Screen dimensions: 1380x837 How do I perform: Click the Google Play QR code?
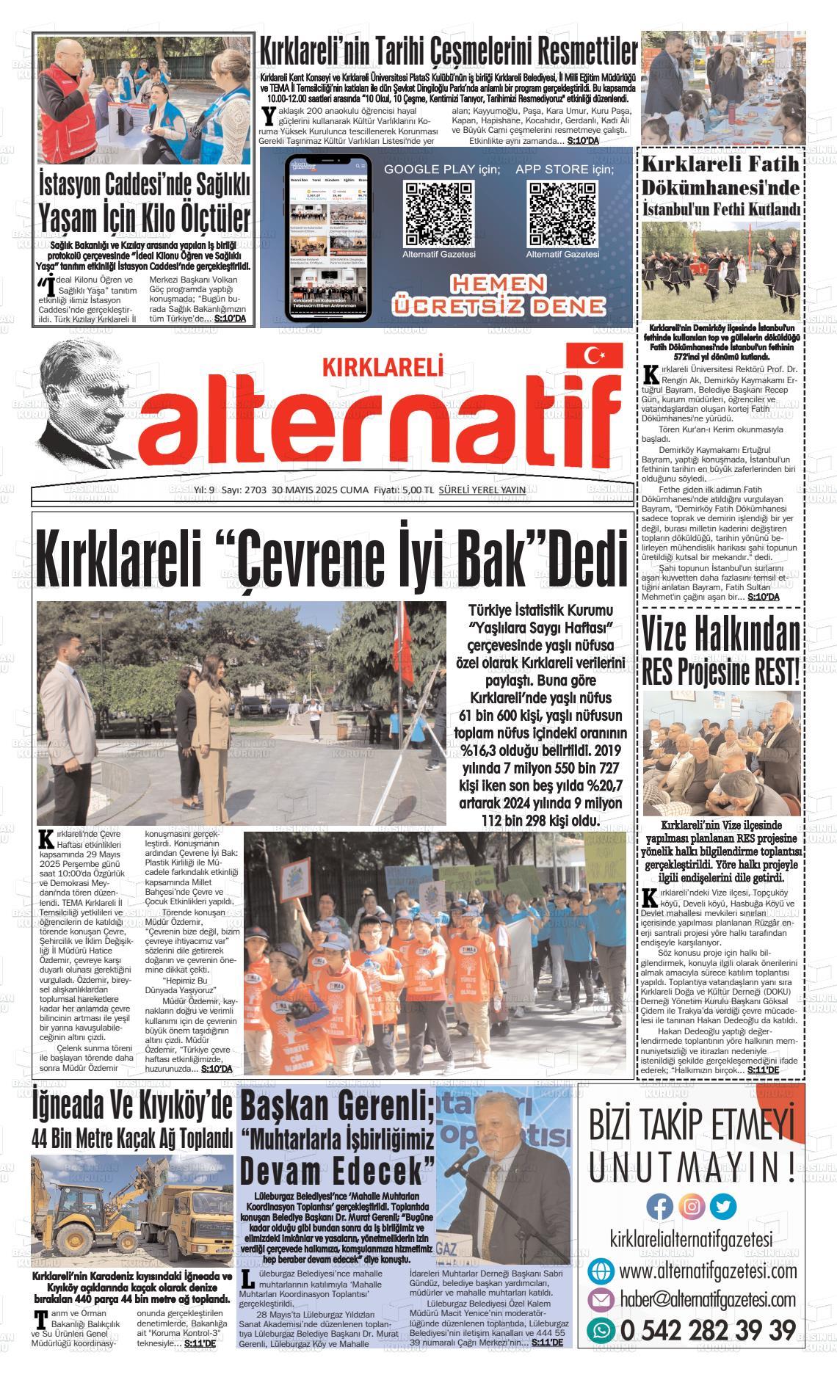coord(439,214)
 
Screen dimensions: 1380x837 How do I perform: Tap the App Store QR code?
coord(562,214)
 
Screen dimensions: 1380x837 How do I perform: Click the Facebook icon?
coord(659,1207)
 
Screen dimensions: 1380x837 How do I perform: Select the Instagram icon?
coord(692,1207)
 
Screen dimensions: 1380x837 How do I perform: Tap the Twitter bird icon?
coord(724,1207)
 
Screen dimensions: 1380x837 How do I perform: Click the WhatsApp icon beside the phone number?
coord(601,1329)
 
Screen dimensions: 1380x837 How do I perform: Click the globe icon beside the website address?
coord(601,1270)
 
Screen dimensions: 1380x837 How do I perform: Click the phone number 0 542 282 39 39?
coord(708,1329)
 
